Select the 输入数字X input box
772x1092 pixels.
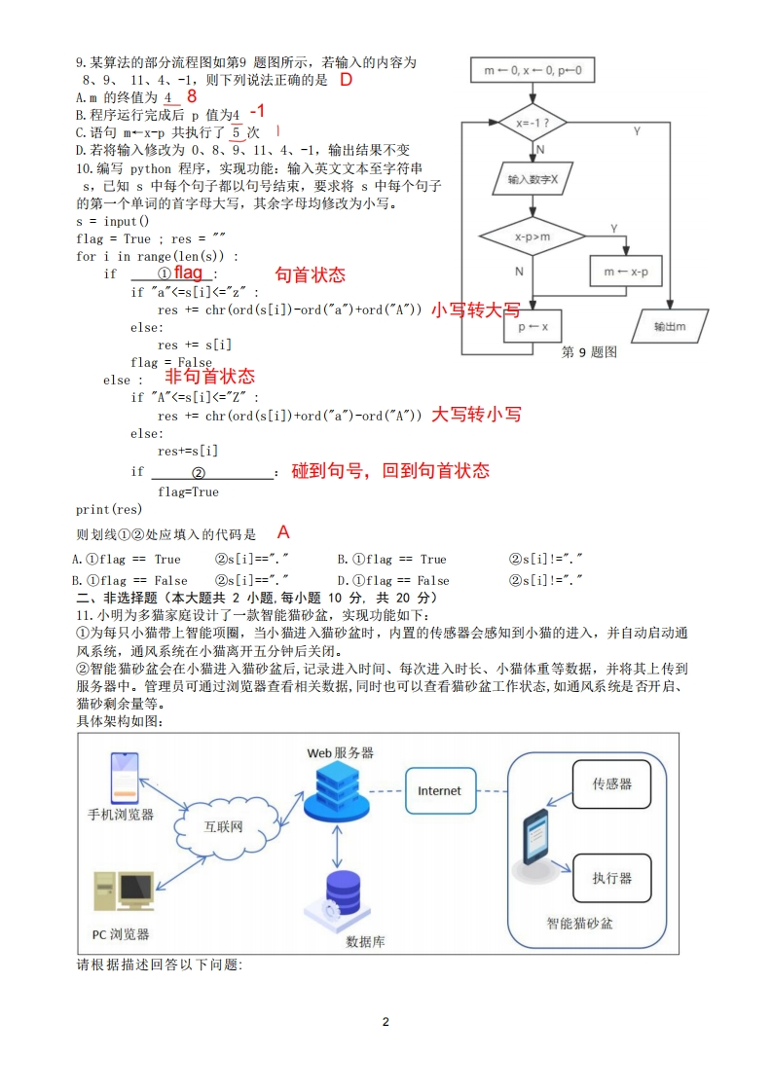click(533, 180)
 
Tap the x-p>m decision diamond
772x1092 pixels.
click(532, 237)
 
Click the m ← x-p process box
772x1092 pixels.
click(626, 272)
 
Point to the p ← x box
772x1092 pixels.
click(533, 327)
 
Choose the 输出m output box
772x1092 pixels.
click(670, 327)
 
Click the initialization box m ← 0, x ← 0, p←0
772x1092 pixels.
click(532, 71)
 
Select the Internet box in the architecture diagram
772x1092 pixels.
click(439, 791)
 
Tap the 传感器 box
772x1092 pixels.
click(612, 783)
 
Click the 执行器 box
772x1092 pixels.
click(612, 877)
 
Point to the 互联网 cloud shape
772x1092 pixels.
click(224, 827)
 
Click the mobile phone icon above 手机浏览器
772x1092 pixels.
click(122, 776)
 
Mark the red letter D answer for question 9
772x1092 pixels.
click(346, 80)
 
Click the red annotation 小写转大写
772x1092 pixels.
click(475, 310)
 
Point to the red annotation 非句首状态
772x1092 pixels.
click(209, 376)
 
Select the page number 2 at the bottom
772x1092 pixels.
click(386, 1022)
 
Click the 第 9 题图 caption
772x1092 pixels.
click(590, 352)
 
